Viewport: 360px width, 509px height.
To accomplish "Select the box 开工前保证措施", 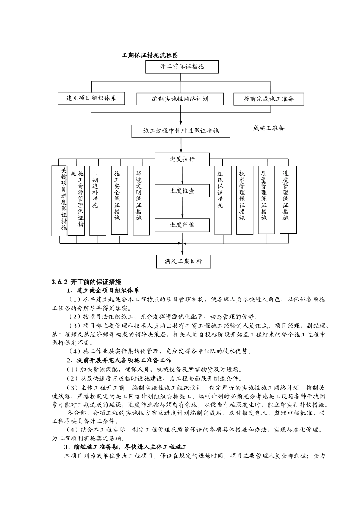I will pyautogui.click(x=182, y=67).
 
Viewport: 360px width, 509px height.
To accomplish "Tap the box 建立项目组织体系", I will pyautogui.click(x=91, y=98).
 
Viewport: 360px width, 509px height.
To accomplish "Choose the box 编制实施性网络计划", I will pyautogui.click(x=180, y=99).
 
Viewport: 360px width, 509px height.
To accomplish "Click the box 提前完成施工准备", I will pyautogui.click(x=269, y=99).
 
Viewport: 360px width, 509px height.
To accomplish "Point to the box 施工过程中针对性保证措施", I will pyautogui.click(x=181, y=131).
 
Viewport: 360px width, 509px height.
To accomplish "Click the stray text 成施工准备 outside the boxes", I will pyautogui.click(x=269, y=128).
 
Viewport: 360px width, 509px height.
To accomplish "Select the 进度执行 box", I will pyautogui.click(x=182, y=159).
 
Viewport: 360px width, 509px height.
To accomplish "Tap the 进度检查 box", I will pyautogui.click(x=182, y=191).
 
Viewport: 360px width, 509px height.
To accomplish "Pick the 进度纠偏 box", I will pyautogui.click(x=182, y=225).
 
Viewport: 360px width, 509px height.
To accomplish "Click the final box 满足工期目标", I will pyautogui.click(x=183, y=261).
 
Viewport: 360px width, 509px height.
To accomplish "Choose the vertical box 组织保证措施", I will pyautogui.click(x=223, y=200).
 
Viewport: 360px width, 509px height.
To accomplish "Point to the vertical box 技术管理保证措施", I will pyautogui.click(x=244, y=200).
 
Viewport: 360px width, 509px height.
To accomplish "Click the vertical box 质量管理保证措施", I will pyautogui.click(x=266, y=200).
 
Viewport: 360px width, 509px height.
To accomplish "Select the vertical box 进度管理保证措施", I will pyautogui.click(x=288, y=199).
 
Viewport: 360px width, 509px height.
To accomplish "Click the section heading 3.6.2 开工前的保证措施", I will pyautogui.click(x=86, y=282).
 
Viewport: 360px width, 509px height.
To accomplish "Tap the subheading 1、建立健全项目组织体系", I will pyautogui.click(x=103, y=291).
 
